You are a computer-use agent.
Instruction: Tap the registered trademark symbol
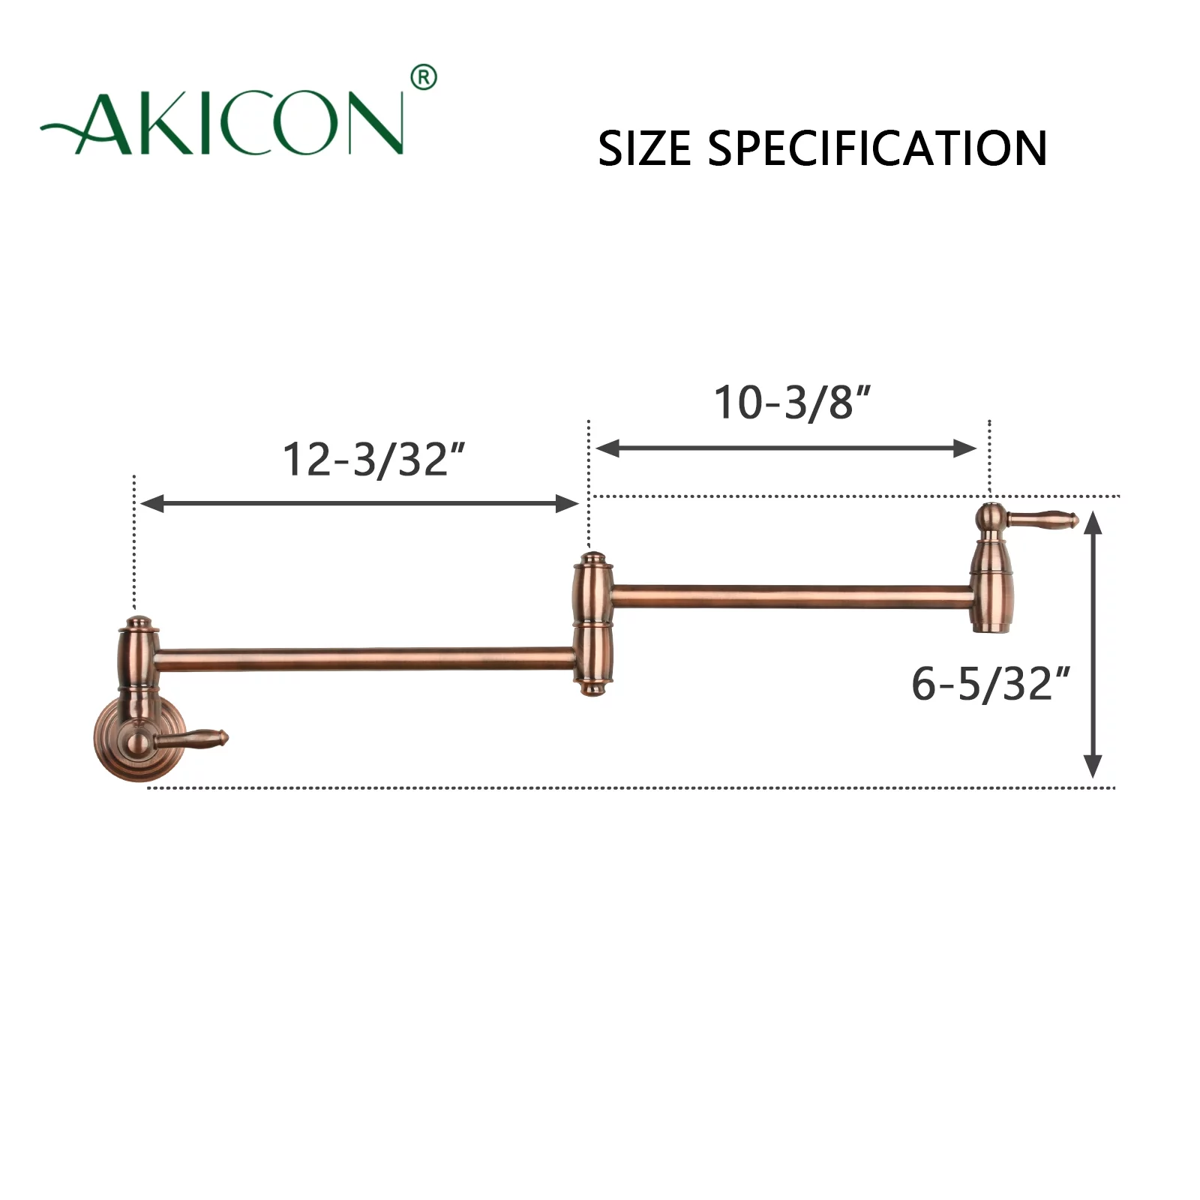[x=424, y=78]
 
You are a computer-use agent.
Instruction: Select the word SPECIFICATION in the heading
[x=877, y=148]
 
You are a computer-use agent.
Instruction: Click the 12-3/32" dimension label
[x=373, y=459]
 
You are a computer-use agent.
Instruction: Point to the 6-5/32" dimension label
[x=990, y=684]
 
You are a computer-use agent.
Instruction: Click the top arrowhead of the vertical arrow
[x=1093, y=522]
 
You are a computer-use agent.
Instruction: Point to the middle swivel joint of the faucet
[x=593, y=624]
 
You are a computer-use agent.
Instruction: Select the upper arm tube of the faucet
[x=791, y=597]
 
